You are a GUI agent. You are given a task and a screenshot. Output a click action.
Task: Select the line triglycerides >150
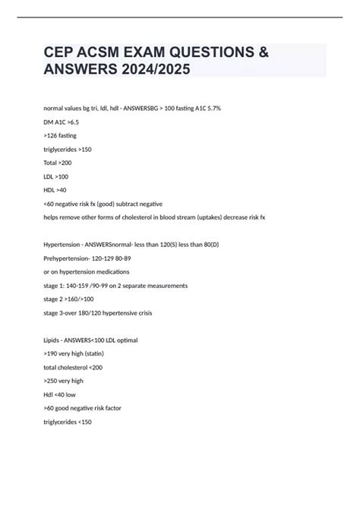[68, 149]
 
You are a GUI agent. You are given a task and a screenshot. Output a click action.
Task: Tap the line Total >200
[56, 163]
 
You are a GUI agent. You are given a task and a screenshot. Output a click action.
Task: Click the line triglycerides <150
[68, 423]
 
